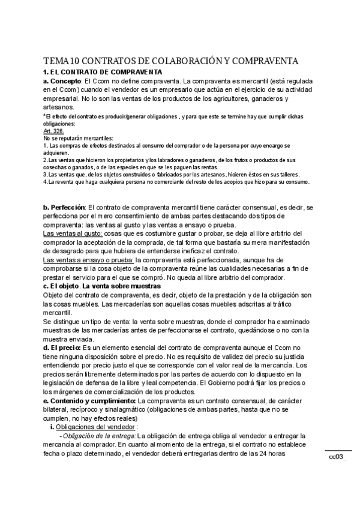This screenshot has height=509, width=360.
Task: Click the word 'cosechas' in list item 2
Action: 56,167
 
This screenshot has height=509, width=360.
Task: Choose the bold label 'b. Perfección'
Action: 64,207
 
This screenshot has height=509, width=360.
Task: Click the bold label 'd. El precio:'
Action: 65,348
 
